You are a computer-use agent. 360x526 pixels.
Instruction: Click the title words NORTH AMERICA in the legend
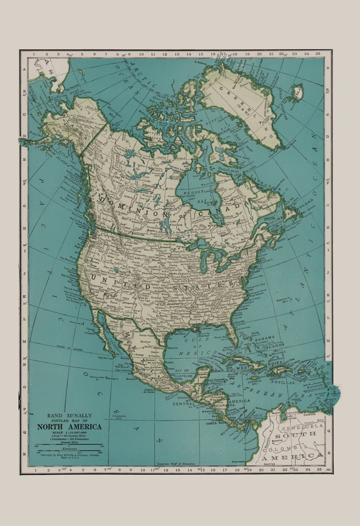point(69,427)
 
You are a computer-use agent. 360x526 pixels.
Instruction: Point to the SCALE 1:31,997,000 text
point(69,432)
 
